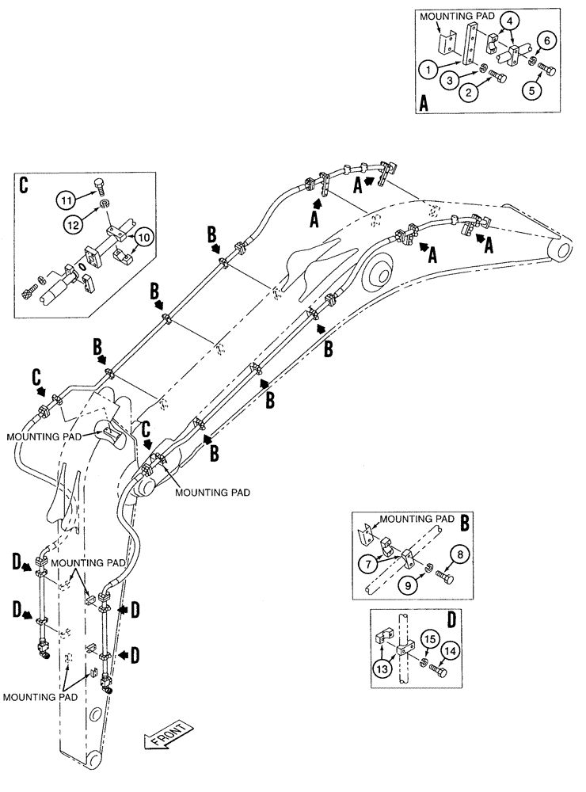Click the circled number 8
point(459,555)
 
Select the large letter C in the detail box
point(23,185)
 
